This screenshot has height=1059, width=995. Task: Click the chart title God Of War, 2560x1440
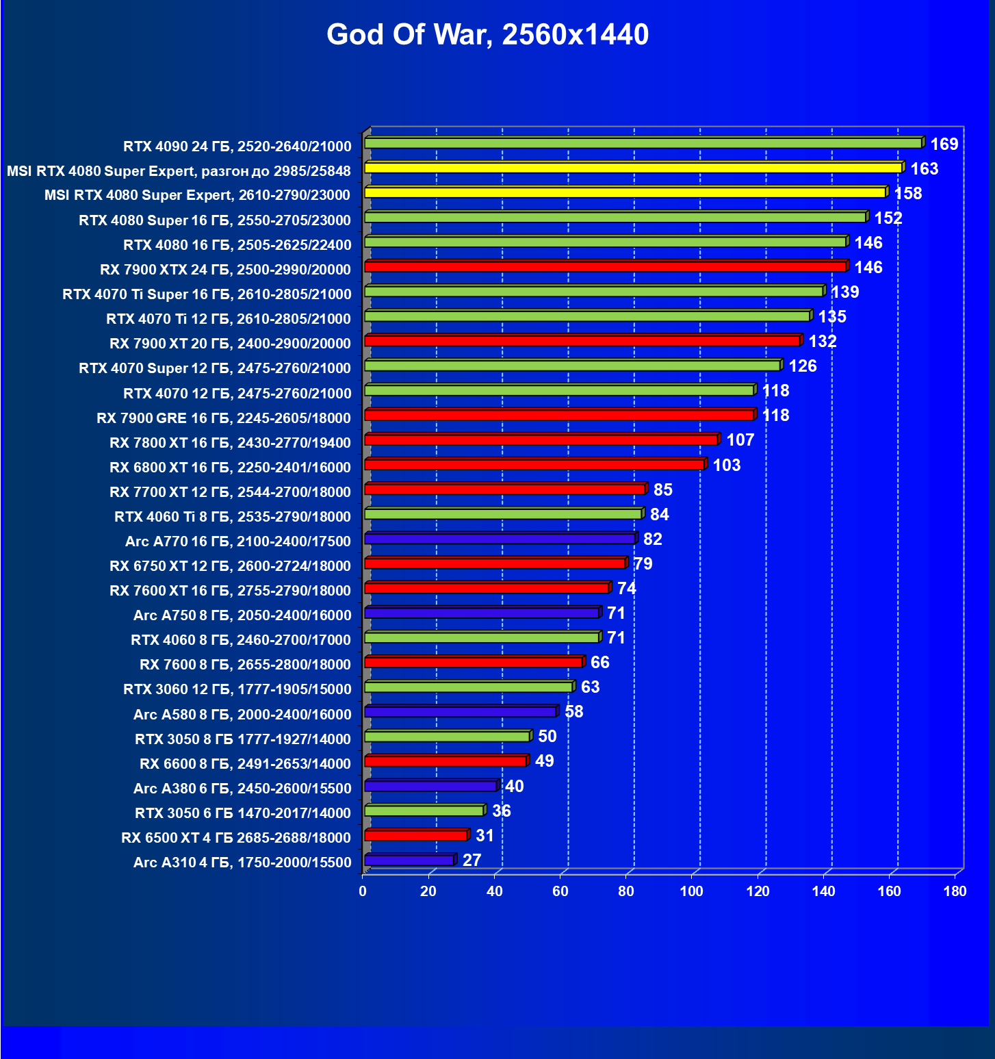coord(487,35)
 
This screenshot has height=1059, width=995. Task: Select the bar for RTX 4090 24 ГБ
coord(643,143)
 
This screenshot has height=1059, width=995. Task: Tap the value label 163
coord(924,169)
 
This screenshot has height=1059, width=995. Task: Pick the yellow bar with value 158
coord(625,192)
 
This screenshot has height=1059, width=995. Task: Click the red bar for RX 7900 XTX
coord(606,266)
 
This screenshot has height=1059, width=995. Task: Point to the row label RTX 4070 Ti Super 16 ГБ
coord(207,294)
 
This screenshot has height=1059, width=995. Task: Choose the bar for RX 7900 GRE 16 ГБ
coord(559,415)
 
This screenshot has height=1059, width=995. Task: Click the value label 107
coord(740,440)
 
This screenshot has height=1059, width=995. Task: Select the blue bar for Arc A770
coord(500,539)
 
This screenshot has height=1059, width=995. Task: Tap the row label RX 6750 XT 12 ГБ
coord(230,566)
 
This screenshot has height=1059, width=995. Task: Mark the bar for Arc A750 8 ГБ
coord(482,613)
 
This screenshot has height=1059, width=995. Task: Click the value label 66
coord(599,663)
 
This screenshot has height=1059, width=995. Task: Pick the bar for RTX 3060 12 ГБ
coord(469,687)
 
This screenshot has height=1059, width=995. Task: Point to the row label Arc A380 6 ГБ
coord(242,789)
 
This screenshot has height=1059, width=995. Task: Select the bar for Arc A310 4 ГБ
coord(409,860)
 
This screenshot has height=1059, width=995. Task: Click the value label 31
coord(484,836)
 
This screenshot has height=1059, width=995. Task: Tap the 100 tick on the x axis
coord(691,891)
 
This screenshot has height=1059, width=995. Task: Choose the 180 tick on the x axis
coord(955,891)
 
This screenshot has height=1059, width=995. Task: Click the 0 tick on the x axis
coord(363,891)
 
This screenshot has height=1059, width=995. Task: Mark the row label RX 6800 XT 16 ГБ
coord(230,468)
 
